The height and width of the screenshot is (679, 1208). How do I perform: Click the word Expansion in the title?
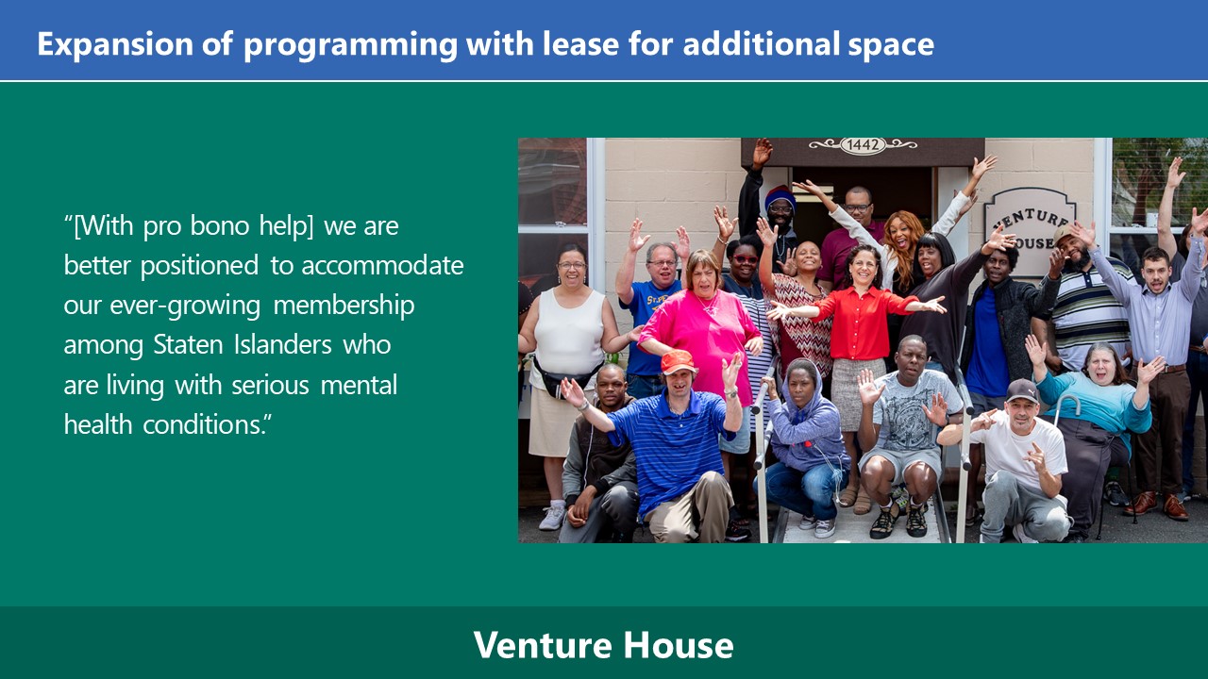(115, 45)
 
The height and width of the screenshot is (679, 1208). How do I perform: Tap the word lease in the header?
(580, 43)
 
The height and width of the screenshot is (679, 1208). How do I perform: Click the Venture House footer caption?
(603, 645)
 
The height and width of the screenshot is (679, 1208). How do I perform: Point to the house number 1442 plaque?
(863, 145)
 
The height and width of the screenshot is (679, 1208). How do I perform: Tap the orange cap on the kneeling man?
(678, 361)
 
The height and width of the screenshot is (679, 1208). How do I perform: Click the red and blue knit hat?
(780, 196)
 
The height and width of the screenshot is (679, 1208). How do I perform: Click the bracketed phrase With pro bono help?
(193, 225)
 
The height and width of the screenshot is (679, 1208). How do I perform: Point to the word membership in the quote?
(344, 306)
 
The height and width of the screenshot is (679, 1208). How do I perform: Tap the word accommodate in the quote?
(382, 266)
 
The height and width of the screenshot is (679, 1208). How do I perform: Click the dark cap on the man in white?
(1021, 390)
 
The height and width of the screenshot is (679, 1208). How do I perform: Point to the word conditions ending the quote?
(203, 425)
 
